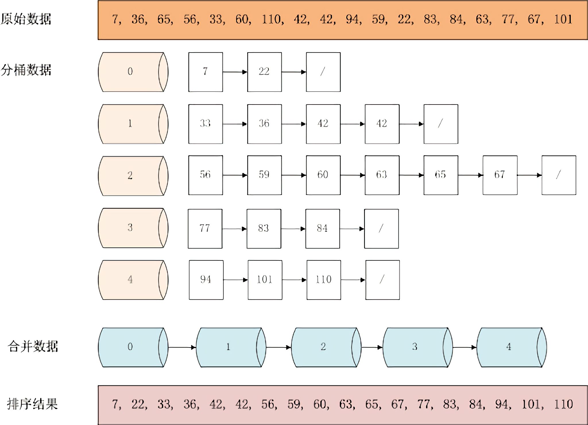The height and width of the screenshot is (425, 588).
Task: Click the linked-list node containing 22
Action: pos(264,72)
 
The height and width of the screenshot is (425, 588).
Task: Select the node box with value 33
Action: pos(206,124)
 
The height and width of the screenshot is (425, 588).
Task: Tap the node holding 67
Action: pos(500,175)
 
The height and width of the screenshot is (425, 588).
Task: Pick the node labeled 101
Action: pos(265,280)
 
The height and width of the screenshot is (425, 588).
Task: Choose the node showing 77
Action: pos(205,229)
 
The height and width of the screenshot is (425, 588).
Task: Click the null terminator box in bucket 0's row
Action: pos(323,72)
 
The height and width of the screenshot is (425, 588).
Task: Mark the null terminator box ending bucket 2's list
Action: pos(559,175)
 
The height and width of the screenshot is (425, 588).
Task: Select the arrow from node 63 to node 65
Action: pos(411,175)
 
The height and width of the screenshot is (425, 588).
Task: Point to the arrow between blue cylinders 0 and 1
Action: pos(182,347)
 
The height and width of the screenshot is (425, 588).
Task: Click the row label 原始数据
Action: pos(26,19)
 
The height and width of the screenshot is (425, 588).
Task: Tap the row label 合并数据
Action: pos(32,346)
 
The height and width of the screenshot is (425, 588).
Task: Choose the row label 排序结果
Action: pos(32,404)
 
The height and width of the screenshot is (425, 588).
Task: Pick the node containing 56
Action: pos(206,175)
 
